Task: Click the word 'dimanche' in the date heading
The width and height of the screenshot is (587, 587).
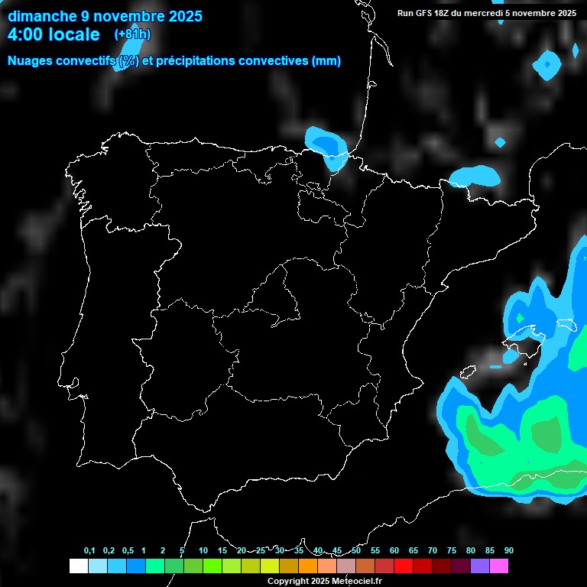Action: (43, 15)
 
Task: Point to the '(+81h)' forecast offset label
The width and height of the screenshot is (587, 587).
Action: (133, 34)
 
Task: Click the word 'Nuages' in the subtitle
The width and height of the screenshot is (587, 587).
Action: (31, 61)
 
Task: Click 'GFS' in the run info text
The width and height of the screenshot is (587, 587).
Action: (426, 13)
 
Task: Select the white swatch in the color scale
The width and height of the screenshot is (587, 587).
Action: (78, 566)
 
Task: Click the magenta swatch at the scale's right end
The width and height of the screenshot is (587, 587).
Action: (499, 566)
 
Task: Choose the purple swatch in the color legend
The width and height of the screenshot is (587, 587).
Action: (480, 566)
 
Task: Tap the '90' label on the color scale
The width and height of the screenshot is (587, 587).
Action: (508, 550)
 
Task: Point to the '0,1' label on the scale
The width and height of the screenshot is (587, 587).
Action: (89, 550)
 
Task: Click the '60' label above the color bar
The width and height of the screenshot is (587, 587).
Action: (394, 550)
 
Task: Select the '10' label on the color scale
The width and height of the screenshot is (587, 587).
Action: (203, 550)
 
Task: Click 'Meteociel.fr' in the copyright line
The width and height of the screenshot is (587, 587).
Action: (357, 581)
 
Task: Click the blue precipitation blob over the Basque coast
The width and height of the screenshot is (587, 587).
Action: (326, 145)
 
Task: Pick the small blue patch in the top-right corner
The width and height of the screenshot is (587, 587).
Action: (547, 64)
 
